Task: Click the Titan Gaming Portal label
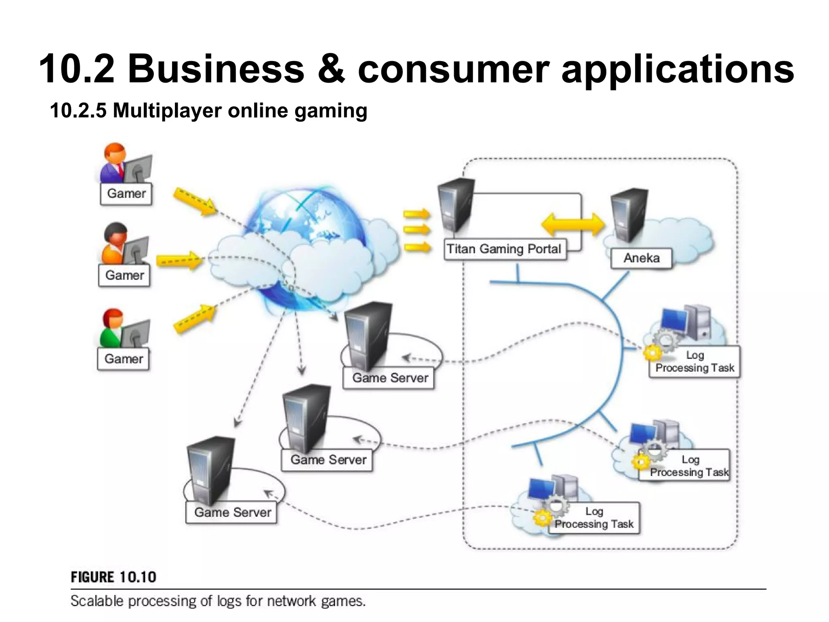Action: [x=504, y=249]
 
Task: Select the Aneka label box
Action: [x=641, y=258]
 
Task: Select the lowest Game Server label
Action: [x=232, y=512]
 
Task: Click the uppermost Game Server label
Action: [x=390, y=378]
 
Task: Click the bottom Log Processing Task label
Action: [x=594, y=518]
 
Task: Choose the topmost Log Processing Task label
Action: [x=695, y=362]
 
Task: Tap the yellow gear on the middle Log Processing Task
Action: [x=640, y=461]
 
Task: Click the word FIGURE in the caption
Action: [x=92, y=577]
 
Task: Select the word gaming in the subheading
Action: [x=331, y=111]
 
